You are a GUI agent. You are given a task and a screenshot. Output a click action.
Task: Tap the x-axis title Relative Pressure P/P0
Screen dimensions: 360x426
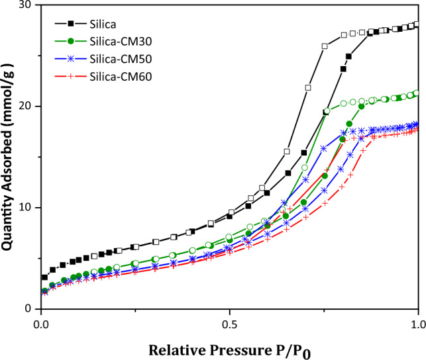point(229,349)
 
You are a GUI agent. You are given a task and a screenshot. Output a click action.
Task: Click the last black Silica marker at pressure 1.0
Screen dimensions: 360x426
point(416,24)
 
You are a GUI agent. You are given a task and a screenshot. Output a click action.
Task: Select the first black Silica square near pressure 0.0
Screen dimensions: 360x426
point(44,277)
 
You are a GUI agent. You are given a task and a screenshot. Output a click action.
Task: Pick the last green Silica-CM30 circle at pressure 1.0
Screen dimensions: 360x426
point(416,93)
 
